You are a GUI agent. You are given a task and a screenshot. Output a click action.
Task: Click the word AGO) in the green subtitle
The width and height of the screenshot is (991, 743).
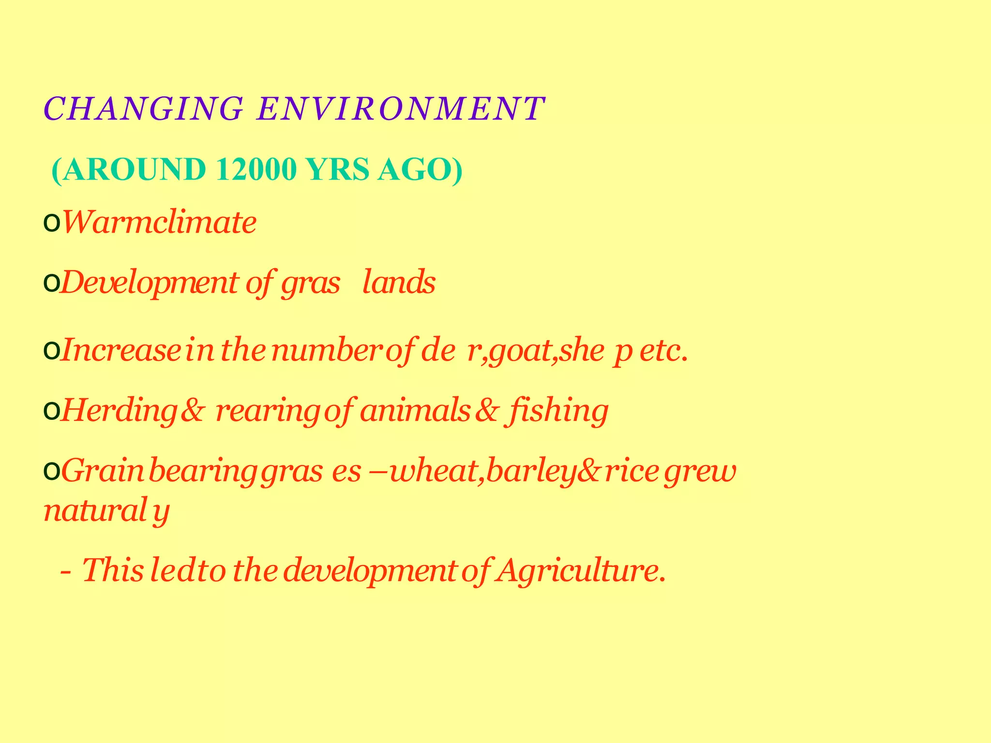(420, 170)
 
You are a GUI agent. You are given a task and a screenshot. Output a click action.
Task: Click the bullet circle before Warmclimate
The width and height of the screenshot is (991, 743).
(51, 224)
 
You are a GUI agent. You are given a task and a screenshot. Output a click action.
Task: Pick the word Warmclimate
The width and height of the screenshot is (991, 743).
(160, 223)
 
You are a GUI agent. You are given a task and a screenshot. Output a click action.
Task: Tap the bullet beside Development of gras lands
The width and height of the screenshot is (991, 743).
(51, 284)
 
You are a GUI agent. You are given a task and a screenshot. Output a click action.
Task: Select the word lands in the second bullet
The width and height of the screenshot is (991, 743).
(399, 283)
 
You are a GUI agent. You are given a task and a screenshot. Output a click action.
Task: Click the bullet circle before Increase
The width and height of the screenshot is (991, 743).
(51, 351)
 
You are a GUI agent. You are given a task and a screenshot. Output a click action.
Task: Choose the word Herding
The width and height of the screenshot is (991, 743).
(119, 411)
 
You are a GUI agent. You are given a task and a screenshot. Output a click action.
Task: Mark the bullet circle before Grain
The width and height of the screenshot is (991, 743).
(51, 471)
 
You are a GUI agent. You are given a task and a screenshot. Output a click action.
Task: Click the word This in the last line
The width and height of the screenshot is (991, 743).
(113, 570)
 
